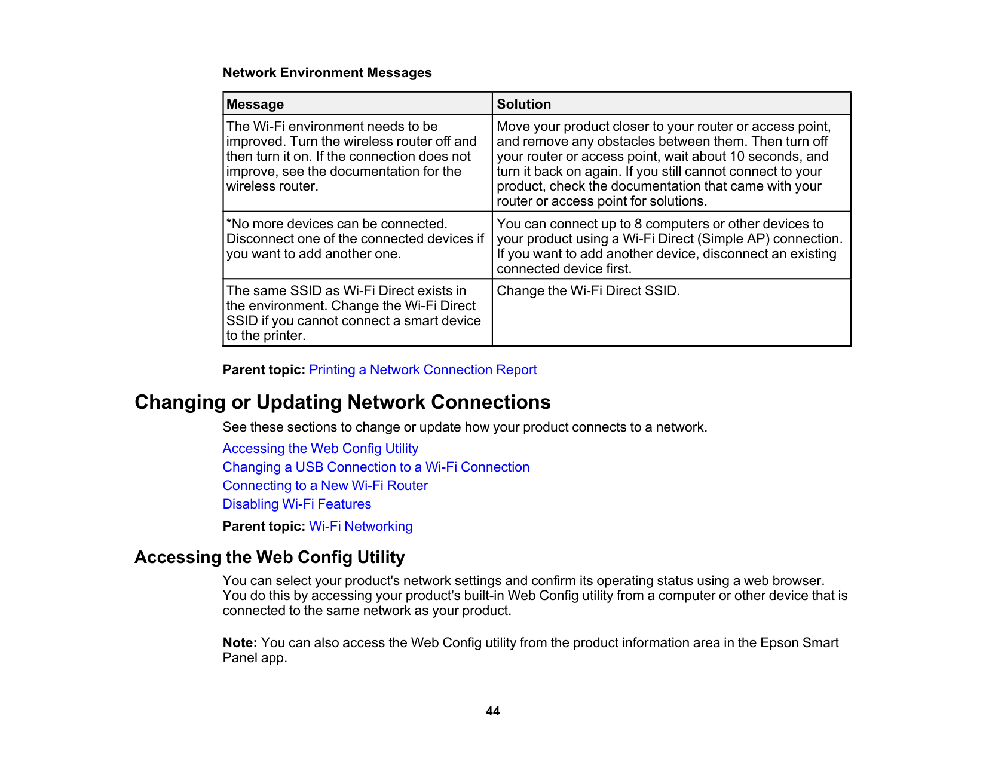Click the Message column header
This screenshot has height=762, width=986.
[255, 104]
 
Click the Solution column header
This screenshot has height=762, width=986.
[523, 104]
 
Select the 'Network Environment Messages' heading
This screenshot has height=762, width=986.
[327, 73]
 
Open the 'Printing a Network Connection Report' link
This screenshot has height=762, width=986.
[422, 369]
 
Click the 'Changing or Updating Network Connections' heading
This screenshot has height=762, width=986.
[342, 402]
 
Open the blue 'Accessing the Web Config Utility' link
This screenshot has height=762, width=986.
[320, 448]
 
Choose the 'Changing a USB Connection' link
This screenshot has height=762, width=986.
[376, 467]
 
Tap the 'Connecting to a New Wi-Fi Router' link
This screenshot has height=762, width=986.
[325, 485]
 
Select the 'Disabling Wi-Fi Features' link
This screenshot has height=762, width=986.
[296, 504]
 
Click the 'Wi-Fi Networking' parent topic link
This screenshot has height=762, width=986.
[360, 526]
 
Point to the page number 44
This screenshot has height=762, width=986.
[492, 711]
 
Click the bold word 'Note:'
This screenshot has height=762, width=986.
[240, 642]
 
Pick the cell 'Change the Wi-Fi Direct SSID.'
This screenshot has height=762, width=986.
[588, 291]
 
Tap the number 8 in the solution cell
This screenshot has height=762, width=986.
[638, 224]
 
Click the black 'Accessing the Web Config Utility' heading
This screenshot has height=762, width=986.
[270, 557]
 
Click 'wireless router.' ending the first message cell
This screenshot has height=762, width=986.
[272, 186]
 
